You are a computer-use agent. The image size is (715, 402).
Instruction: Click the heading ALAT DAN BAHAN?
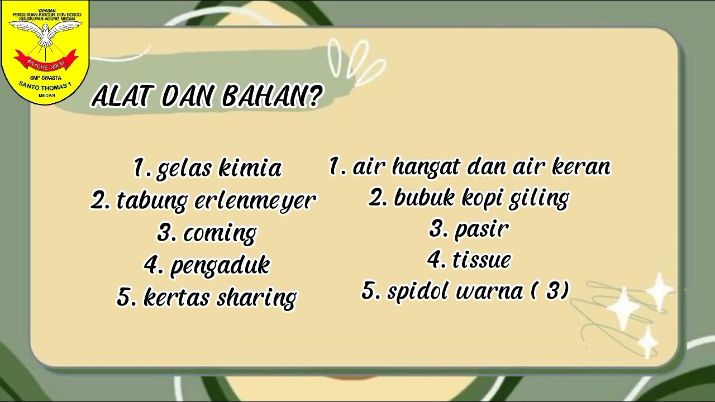207,96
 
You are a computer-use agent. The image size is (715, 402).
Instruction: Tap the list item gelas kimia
208,167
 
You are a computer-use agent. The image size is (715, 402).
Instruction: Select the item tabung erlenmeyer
203,200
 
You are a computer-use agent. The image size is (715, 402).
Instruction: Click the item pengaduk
207,265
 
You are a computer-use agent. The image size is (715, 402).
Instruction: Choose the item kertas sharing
207,298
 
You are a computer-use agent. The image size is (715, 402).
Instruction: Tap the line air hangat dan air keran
470,166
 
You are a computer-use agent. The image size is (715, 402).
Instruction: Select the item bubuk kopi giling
469,198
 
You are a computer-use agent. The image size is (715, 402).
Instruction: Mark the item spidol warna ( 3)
465,291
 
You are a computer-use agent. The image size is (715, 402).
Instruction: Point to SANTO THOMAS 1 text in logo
46,87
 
